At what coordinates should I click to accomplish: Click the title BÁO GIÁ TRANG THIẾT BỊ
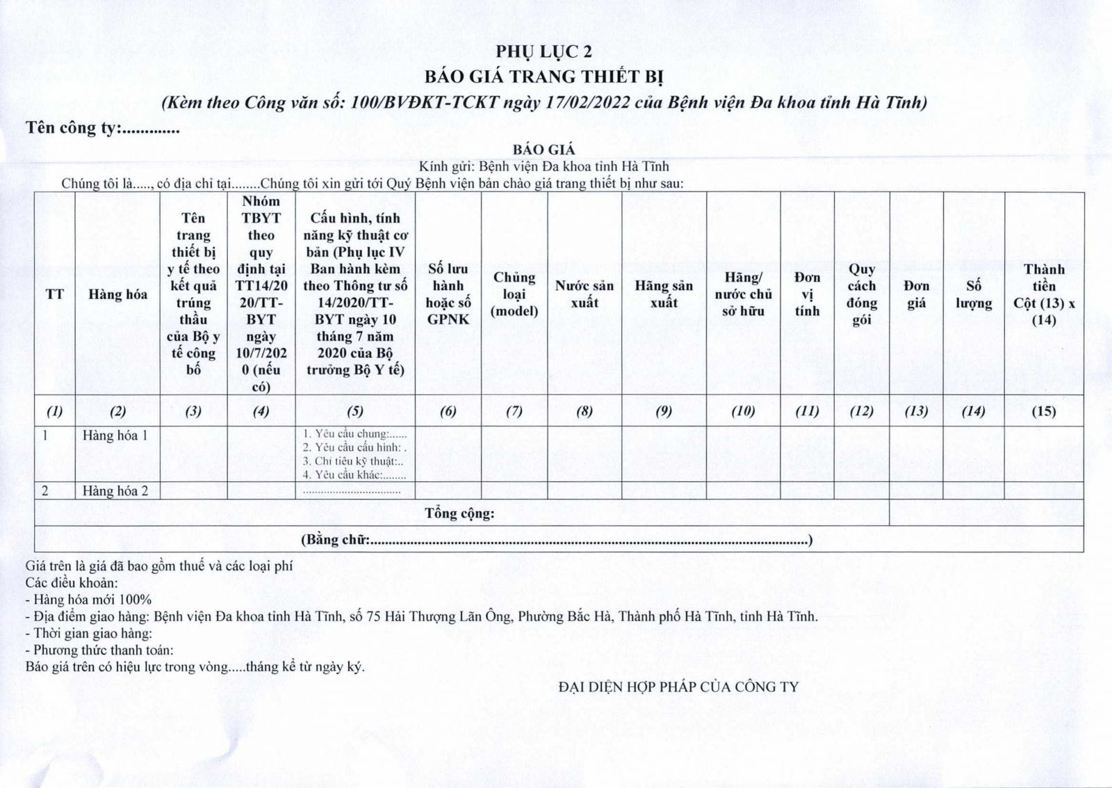coord(545,76)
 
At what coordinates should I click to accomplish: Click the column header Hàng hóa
coord(117,294)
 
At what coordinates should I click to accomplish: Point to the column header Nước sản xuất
coord(584,294)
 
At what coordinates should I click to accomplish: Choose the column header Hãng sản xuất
coord(663,294)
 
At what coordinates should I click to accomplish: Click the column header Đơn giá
coord(916,294)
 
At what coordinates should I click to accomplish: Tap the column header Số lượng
coord(973,294)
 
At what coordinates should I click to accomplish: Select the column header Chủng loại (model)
coord(514,294)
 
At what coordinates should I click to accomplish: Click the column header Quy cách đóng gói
coord(861,294)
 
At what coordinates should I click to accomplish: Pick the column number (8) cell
coord(584,411)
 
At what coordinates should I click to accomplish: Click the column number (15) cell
coord(1043,411)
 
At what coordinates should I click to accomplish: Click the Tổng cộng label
coord(459,514)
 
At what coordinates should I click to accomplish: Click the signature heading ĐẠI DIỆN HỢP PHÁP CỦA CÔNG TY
coord(678,687)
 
